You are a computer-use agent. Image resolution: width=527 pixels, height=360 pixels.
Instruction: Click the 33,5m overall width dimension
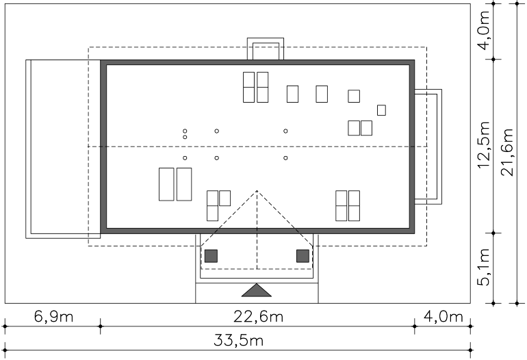point(238,341)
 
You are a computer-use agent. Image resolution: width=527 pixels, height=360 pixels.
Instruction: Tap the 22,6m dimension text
point(258,316)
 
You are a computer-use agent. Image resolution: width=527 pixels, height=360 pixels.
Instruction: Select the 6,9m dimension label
point(54,316)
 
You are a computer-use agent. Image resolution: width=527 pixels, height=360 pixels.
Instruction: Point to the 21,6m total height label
point(507,152)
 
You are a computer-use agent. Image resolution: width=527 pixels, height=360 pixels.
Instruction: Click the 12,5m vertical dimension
point(484,145)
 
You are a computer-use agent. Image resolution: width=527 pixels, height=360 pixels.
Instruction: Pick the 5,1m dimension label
point(484,267)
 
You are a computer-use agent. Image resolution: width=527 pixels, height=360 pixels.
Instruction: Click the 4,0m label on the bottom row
point(444,316)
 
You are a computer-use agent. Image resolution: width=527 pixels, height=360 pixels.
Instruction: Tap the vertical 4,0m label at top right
point(484,30)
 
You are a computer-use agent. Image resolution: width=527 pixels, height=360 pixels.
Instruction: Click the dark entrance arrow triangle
point(257,290)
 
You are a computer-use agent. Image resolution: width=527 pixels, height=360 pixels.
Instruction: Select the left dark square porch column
point(211,256)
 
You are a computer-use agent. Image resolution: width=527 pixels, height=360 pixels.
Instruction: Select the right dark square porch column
point(303,256)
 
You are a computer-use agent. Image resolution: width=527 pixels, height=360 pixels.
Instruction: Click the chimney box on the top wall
point(266,49)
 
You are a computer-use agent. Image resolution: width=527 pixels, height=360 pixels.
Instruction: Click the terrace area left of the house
point(63,149)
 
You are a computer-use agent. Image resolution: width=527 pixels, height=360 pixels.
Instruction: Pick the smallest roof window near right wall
point(381,110)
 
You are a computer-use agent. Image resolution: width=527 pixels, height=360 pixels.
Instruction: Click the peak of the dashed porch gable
point(257,190)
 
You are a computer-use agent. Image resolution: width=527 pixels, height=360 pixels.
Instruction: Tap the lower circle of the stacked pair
point(185,137)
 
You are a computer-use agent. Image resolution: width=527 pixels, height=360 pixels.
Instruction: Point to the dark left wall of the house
point(103,146)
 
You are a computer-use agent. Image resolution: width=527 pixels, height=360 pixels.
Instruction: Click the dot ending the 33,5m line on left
point(5,350)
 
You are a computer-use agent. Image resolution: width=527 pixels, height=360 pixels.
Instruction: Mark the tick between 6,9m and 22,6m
point(100,326)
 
